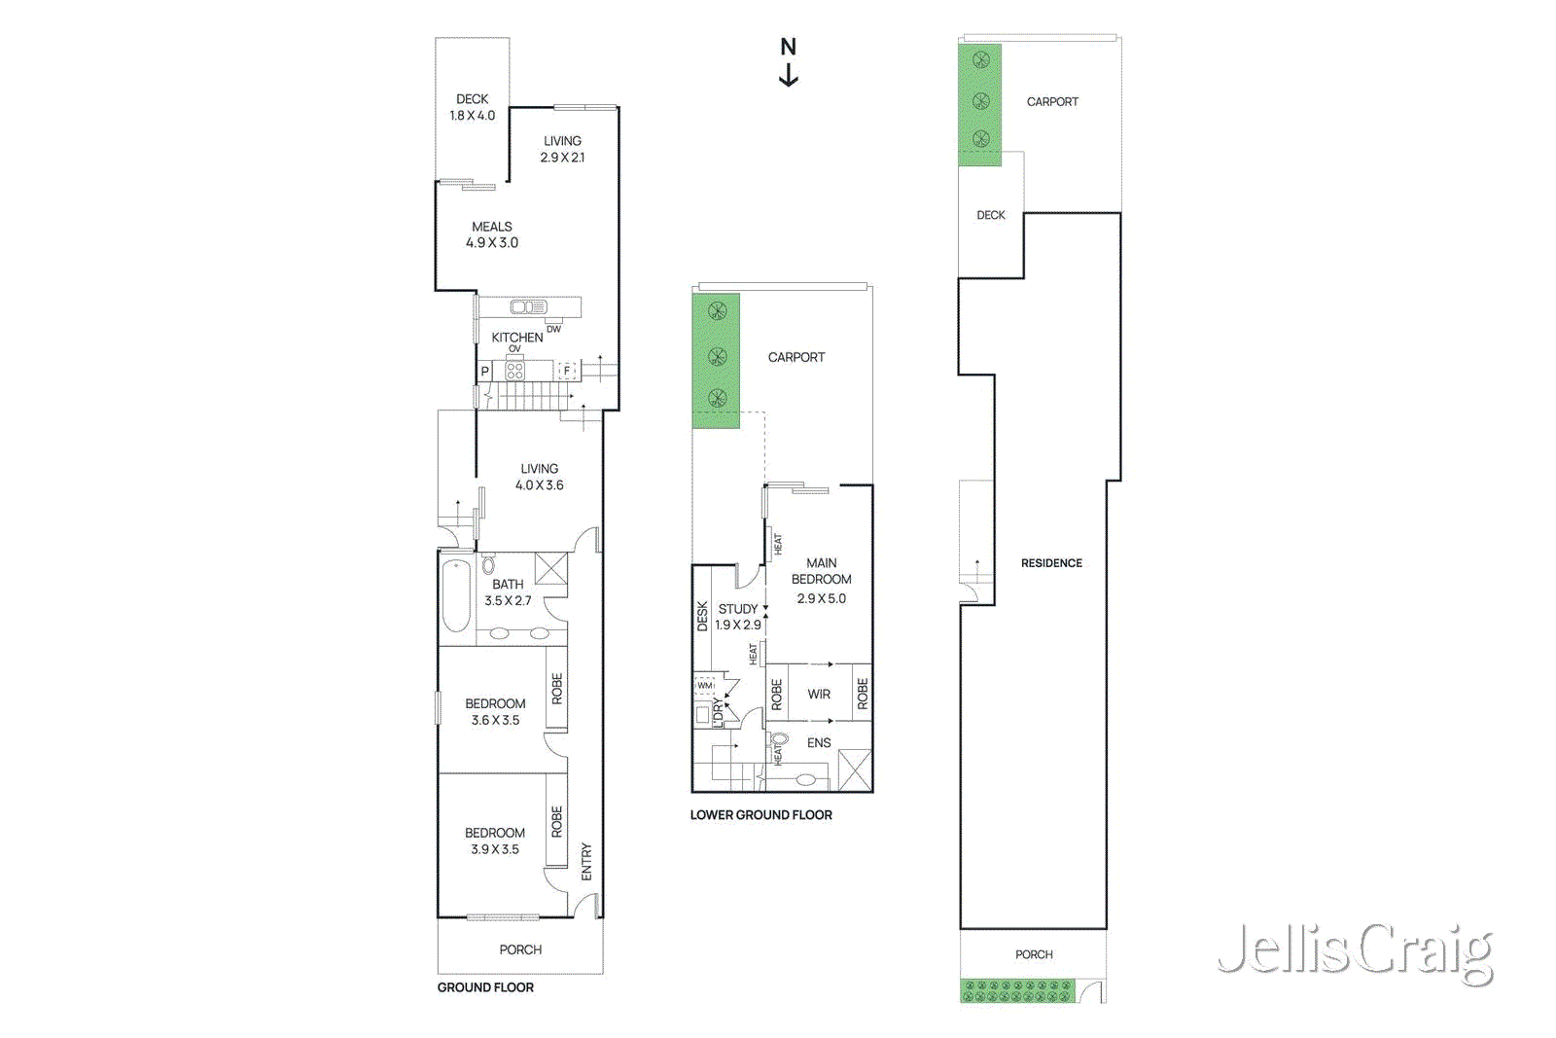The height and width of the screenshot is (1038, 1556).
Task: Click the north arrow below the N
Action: click(789, 76)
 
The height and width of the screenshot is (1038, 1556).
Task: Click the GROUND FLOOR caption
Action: click(485, 987)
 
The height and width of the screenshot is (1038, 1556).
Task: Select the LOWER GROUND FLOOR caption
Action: click(760, 815)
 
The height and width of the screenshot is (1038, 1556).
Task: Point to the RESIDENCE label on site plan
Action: click(1051, 563)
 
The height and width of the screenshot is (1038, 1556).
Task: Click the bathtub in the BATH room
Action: click(456, 596)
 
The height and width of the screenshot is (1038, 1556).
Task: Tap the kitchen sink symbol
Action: click(528, 307)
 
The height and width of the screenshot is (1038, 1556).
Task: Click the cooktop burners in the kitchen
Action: click(514, 371)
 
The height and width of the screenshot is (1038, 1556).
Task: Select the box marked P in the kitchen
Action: click(484, 372)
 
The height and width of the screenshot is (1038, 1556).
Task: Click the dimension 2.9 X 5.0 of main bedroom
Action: click(821, 598)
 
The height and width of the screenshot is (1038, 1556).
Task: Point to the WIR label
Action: click(819, 694)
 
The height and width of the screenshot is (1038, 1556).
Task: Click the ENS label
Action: click(819, 742)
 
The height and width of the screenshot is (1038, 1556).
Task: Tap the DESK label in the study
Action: click(702, 617)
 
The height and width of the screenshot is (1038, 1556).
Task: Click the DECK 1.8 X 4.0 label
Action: click(473, 107)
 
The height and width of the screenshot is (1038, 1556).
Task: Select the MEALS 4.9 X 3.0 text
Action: click(492, 234)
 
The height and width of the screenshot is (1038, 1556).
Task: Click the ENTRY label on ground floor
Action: click(586, 862)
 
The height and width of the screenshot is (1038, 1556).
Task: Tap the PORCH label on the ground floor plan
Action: click(520, 949)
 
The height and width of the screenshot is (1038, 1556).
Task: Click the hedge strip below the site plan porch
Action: click(1017, 991)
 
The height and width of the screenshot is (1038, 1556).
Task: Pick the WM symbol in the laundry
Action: click(705, 686)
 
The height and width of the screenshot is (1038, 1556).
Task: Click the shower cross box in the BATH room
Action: click(550, 568)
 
